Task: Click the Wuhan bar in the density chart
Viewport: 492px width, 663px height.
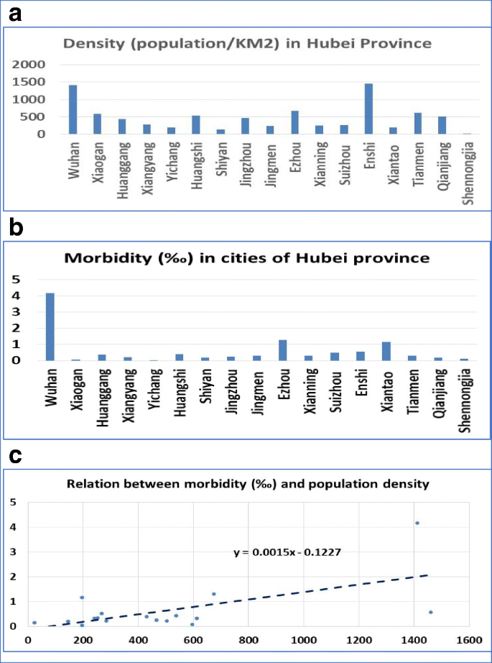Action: pyautogui.click(x=73, y=109)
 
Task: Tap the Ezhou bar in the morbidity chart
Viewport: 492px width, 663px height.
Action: pyautogui.click(x=282, y=350)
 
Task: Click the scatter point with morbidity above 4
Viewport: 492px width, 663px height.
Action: pyautogui.click(x=417, y=523)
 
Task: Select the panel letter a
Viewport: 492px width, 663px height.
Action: pyautogui.click(x=14, y=13)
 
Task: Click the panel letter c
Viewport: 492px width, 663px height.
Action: pyautogui.click(x=13, y=457)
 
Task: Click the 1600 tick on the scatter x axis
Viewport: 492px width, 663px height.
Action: pyautogui.click(x=469, y=639)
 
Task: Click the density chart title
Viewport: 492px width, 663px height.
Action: pyautogui.click(x=247, y=43)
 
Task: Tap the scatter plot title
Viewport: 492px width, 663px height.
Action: pyautogui.click(x=247, y=484)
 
